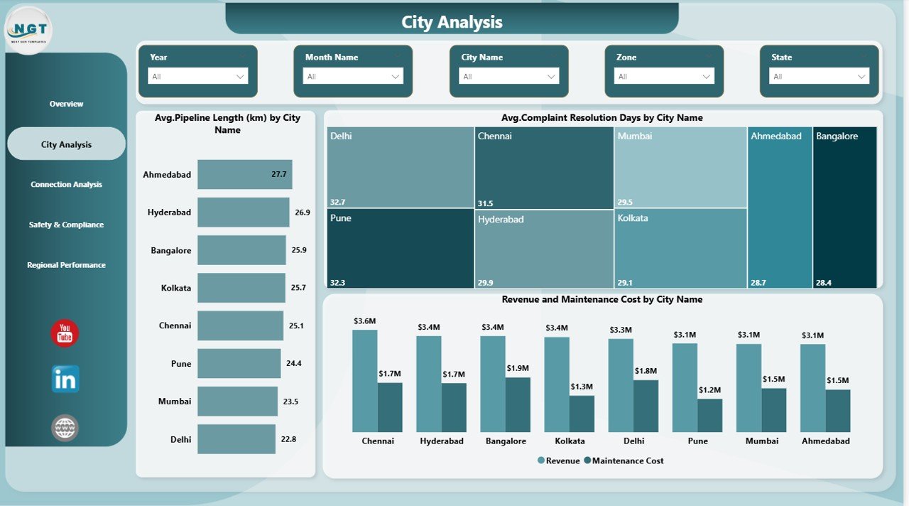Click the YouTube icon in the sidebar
point(65,333)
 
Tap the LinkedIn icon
point(65,379)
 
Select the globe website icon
point(65,428)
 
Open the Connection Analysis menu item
point(66,185)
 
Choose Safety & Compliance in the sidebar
point(66,225)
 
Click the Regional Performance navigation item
point(66,265)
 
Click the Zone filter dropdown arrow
point(707,76)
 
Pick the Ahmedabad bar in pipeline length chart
point(244,174)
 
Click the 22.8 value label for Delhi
point(288,439)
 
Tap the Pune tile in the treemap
point(400,248)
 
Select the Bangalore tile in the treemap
point(844,207)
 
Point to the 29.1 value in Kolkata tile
point(625,282)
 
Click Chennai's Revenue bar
point(365,381)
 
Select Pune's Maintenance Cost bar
point(710,415)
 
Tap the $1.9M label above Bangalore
point(518,368)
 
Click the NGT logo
point(29,31)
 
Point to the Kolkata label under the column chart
point(570,441)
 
